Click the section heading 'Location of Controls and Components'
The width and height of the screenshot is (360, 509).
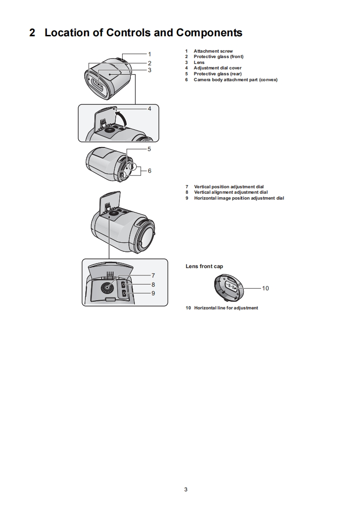tap(143, 33)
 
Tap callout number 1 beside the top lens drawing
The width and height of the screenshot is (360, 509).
tap(150, 54)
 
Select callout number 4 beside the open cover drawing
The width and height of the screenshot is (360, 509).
tap(150, 109)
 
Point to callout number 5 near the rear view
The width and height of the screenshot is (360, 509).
tap(149, 149)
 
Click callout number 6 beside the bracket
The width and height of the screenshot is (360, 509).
tap(149, 171)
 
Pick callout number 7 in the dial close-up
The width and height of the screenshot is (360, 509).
tap(153, 275)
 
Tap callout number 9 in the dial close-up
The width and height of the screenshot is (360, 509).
tap(153, 293)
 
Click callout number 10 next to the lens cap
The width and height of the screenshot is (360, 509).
tap(266, 288)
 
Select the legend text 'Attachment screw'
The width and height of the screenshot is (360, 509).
tap(213, 51)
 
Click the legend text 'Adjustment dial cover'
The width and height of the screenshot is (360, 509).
tap(217, 68)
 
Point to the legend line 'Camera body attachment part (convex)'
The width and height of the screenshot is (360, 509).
tap(235, 80)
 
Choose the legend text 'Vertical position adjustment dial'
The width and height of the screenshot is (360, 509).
tap(228, 187)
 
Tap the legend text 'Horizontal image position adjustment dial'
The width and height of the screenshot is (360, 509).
tap(239, 198)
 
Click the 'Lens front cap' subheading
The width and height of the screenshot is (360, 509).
tap(204, 266)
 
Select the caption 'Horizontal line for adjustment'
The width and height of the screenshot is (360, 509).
tap(226, 308)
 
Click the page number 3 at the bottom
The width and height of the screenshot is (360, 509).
tap(186, 489)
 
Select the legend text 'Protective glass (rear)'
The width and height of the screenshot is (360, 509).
tap(217, 74)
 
